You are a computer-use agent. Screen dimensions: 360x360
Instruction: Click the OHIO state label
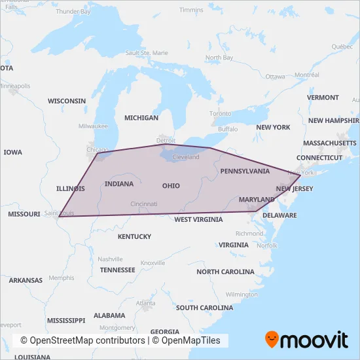pos(171,186)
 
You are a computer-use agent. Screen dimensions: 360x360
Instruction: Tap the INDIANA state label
pos(118,184)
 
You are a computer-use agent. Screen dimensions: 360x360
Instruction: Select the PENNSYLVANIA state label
pos(245,171)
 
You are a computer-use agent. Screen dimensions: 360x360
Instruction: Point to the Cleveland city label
pos(186,158)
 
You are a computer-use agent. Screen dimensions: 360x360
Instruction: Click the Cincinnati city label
pos(144,204)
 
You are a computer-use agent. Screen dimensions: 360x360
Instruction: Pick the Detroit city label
pos(166,140)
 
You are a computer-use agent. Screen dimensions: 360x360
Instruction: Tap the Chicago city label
pos(98,149)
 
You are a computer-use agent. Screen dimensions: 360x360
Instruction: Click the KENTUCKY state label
pos(134,236)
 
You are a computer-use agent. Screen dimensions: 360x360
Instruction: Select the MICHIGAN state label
pos(141,118)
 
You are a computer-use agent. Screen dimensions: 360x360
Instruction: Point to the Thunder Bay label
pos(73,12)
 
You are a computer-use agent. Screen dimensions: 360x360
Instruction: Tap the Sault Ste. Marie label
pos(147,52)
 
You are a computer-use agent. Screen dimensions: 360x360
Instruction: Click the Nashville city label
pos(111,259)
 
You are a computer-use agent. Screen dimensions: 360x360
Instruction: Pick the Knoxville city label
pos(153,262)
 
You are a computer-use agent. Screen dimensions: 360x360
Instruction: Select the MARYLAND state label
pos(257,199)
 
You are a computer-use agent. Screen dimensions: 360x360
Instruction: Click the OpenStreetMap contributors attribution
pos(82,341)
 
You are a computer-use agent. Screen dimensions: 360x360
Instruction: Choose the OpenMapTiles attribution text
pos(190,341)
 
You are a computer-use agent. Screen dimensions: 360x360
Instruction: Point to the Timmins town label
pos(191,10)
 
